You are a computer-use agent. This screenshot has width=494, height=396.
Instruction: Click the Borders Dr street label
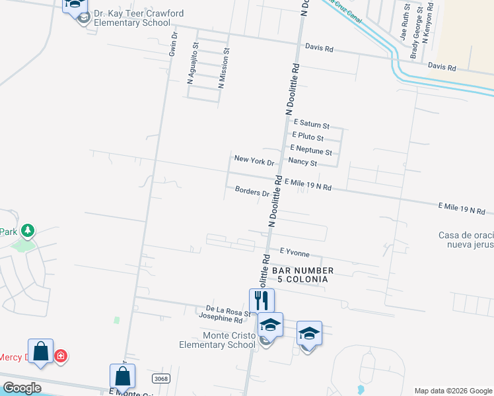252,191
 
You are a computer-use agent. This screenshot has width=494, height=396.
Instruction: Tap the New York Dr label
254,159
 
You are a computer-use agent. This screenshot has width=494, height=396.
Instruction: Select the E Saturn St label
311,123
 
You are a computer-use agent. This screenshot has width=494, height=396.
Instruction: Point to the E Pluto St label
308,137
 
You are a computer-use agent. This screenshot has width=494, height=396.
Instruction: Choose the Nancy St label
302,162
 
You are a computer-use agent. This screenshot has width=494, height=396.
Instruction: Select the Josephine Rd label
221,318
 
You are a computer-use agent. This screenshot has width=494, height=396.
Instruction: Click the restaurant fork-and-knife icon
261,300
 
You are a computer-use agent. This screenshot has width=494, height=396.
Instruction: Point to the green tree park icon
27,231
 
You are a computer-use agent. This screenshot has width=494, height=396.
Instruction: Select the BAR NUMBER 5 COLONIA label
299,275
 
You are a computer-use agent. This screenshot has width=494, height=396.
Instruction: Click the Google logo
21,387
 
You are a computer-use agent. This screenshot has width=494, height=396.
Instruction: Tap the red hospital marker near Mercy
61,356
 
